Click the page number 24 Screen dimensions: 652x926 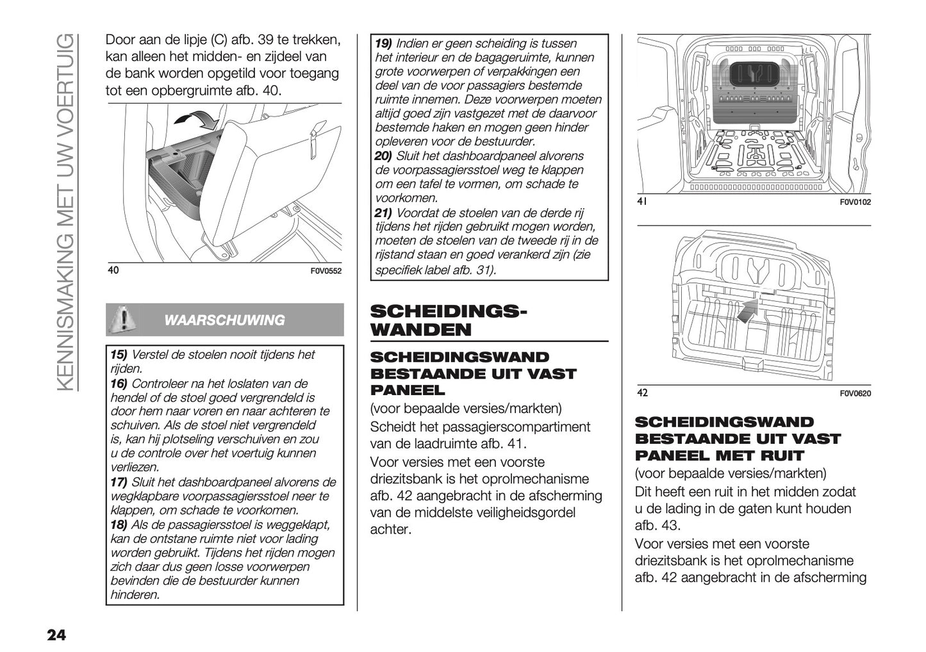pyautogui.click(x=56, y=635)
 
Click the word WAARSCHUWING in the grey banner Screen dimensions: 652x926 pyautogui.click(x=224, y=320)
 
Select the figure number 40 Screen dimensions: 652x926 pyautogui.click(x=113, y=270)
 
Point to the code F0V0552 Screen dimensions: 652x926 pyautogui.click(x=326, y=271)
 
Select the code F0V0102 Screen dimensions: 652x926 pyautogui.click(x=855, y=202)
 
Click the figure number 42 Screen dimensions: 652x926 pyautogui.click(x=643, y=393)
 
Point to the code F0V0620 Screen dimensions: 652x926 pyautogui.click(x=855, y=393)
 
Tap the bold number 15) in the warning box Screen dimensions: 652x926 pyautogui.click(x=119, y=355)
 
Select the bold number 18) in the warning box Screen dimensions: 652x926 pyautogui.click(x=119, y=525)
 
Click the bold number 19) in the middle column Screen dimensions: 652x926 pyautogui.click(x=383, y=44)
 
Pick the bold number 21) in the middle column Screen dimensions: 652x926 pyautogui.click(x=383, y=213)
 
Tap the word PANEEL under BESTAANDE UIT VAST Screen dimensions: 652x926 pyautogui.click(x=407, y=390)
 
